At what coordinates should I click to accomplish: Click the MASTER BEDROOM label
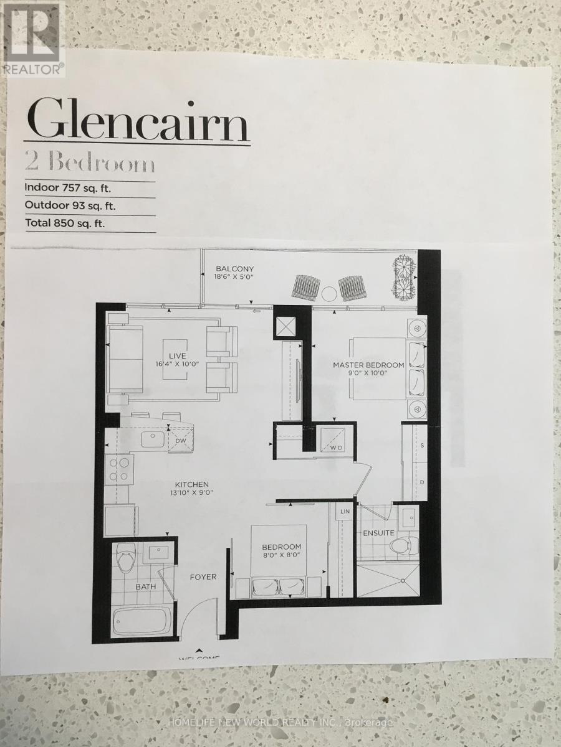(x=368, y=365)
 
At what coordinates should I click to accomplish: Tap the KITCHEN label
(x=191, y=484)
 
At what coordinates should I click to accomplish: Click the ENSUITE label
(x=378, y=533)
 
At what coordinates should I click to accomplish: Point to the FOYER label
(x=203, y=577)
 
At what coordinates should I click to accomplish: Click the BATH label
(x=145, y=586)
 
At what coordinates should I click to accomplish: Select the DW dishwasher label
(x=181, y=441)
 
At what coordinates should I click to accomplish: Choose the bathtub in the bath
(x=141, y=621)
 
